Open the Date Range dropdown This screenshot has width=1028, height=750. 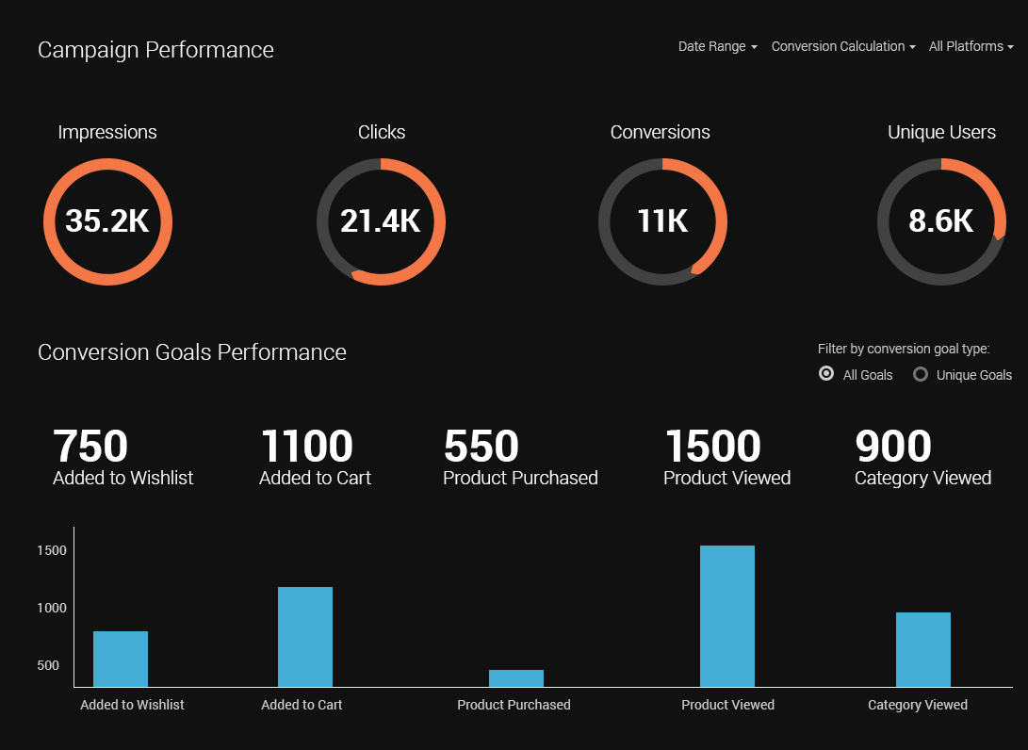click(x=717, y=46)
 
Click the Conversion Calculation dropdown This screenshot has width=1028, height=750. click(x=842, y=46)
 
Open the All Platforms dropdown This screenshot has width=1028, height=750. click(x=971, y=46)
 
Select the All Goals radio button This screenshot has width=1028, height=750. click(x=826, y=374)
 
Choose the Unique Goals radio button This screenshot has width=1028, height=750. click(x=921, y=374)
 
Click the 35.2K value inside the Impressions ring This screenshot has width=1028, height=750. click(x=107, y=221)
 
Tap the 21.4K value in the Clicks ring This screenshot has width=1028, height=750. click(x=381, y=221)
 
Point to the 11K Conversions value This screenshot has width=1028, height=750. click(x=662, y=221)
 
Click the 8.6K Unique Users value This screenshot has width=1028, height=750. click(x=941, y=221)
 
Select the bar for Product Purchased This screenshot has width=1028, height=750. click(x=516, y=678)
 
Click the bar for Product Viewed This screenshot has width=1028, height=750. click(x=727, y=616)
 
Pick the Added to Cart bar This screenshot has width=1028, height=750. click(x=305, y=637)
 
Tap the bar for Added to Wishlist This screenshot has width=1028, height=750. click(x=121, y=659)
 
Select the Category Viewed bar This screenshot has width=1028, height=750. click(x=923, y=649)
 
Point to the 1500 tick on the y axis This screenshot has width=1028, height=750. click(x=52, y=550)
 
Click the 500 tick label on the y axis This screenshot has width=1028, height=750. click(x=48, y=665)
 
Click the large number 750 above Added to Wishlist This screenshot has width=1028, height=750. click(x=90, y=447)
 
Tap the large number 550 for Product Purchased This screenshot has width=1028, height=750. click(x=481, y=447)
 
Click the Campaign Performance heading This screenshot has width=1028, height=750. click(x=155, y=50)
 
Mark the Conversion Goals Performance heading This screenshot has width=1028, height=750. click(x=192, y=352)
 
